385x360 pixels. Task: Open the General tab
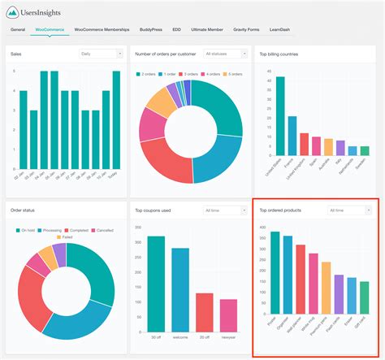coord(18,29)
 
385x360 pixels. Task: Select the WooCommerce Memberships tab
coord(102,29)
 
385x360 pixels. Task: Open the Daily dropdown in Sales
coord(100,54)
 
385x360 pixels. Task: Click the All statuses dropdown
coord(225,54)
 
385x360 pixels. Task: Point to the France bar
coord(292,135)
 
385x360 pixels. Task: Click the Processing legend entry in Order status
coord(56,230)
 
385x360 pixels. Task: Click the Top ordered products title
coord(281,210)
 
